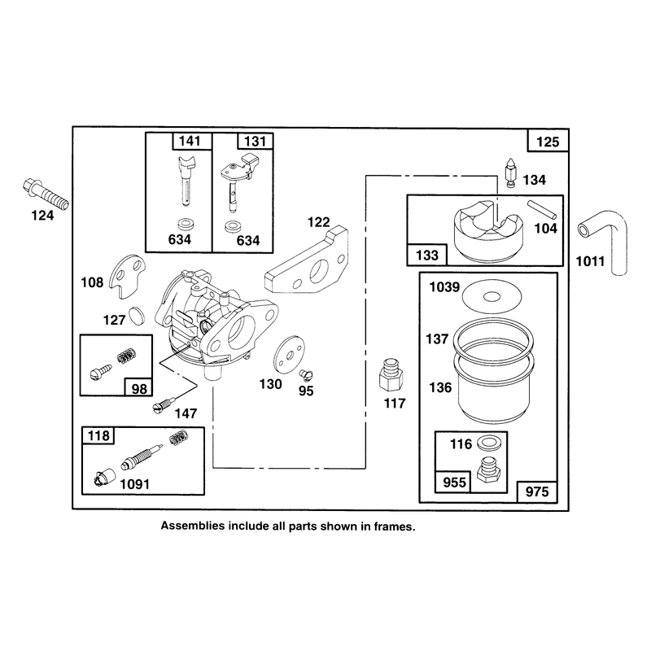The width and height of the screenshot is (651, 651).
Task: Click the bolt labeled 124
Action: (x=46, y=194)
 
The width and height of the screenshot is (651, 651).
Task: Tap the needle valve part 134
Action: (x=510, y=173)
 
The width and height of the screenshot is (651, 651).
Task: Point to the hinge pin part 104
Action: (x=542, y=209)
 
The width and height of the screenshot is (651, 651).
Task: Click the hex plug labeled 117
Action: (x=391, y=375)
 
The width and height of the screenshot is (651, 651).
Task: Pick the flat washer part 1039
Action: (x=492, y=297)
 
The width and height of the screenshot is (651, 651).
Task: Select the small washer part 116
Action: (x=489, y=443)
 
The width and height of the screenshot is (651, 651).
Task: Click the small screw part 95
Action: (x=306, y=375)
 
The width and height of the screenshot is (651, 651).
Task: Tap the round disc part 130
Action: (x=289, y=355)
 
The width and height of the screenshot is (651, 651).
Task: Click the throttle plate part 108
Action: (x=127, y=277)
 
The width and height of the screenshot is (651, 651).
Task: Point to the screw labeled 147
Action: (x=164, y=404)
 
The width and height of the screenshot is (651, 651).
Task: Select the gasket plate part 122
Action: (x=307, y=259)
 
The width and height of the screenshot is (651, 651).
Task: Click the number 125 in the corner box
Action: (x=548, y=142)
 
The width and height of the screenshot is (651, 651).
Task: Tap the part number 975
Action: (x=537, y=492)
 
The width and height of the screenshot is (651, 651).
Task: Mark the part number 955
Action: (x=454, y=482)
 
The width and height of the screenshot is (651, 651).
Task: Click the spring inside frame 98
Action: (x=128, y=356)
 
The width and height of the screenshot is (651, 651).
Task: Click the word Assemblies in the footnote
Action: (x=193, y=526)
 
